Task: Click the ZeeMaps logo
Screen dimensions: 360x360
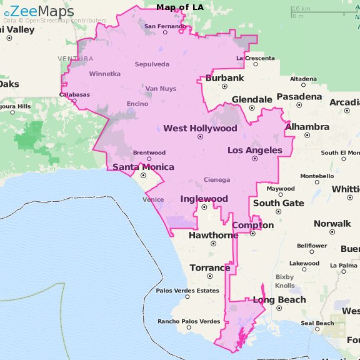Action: pos(39,11)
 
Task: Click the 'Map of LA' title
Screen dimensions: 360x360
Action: pos(179,7)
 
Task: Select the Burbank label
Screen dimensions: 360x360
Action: pos(224,78)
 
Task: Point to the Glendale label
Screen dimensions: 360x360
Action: pos(252,99)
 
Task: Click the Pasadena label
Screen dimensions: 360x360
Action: pos(299,97)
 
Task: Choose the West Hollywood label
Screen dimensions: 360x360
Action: pos(200,128)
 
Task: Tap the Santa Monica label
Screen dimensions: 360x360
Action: pos(139,166)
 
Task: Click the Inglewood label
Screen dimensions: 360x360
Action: pos(204,199)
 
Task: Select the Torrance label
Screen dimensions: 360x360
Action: pos(210,267)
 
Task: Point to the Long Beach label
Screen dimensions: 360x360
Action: pos(279,299)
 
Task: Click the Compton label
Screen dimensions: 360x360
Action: pos(252,225)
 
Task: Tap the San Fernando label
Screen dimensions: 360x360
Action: pos(165,26)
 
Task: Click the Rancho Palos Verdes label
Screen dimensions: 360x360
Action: pos(189,321)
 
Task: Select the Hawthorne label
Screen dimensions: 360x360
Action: pos(213,235)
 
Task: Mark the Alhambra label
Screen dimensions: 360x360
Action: pos(307,127)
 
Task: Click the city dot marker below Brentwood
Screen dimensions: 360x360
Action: pos(149,159)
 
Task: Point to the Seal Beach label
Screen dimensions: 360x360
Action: pos(317,323)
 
